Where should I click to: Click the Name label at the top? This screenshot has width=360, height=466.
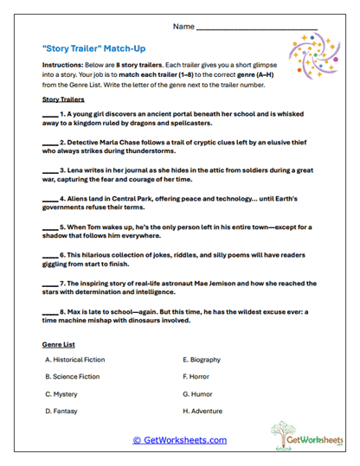183,27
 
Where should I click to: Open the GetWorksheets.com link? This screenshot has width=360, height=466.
179,439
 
